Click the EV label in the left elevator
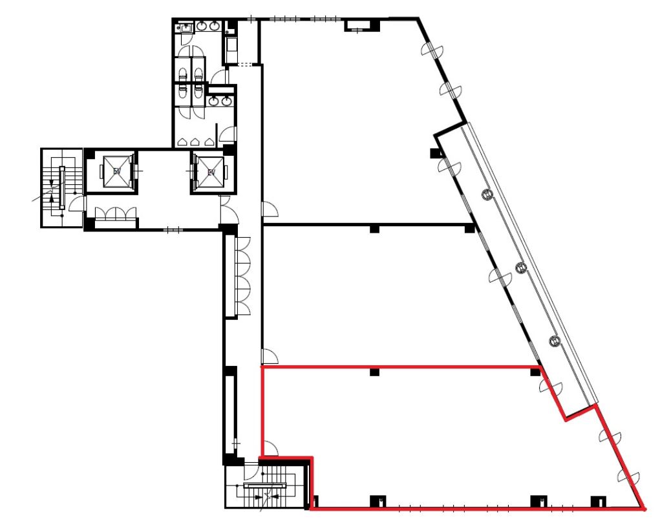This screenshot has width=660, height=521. click(118, 171)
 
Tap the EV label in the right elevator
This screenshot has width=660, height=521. click(211, 172)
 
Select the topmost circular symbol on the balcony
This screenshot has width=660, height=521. click(486, 193)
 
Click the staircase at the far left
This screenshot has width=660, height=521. click(61, 188)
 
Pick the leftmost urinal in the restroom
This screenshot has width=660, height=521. click(185, 142)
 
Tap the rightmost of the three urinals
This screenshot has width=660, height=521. click(209, 142)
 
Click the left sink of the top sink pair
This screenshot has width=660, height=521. click(202, 27)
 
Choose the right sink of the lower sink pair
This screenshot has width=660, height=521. click(226, 101)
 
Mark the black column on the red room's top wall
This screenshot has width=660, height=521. click(374, 372)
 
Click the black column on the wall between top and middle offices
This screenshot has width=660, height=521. click(374, 229)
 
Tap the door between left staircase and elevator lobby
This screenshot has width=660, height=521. click(76, 203)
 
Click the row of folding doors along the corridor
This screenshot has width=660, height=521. click(244, 277)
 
